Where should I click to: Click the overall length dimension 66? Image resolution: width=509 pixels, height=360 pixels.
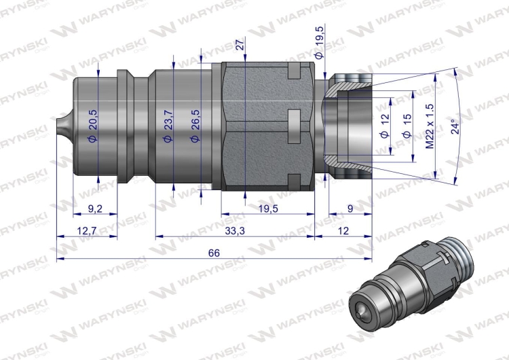tap(214, 253)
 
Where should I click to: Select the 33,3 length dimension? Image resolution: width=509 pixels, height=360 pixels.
tap(235, 231)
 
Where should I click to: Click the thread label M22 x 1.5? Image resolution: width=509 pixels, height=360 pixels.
tap(429, 127)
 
